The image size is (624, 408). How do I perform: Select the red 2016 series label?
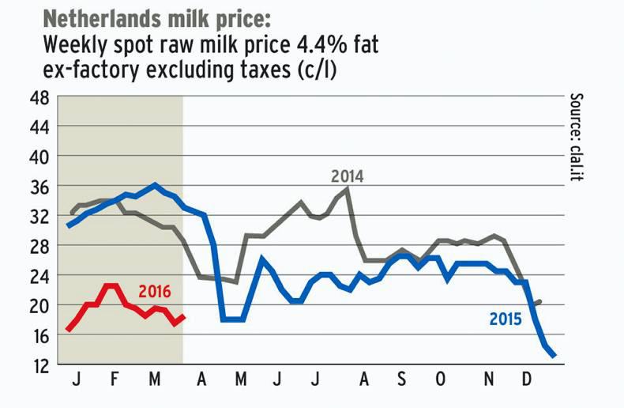[x=154, y=290]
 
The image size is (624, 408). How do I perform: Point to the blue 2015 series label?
[x=506, y=319]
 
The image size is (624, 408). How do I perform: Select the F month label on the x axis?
[x=115, y=382]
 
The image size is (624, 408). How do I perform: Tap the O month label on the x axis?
[x=440, y=382]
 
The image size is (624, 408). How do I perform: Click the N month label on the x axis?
[x=490, y=382]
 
